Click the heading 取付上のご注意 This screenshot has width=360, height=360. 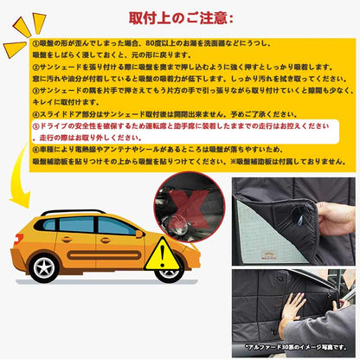coord(179,17)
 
